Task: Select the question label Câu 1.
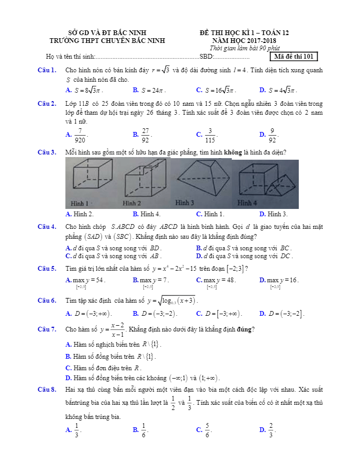[47, 70]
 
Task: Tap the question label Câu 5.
[47, 269]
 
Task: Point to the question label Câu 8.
[47, 390]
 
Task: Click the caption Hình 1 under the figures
[80, 203]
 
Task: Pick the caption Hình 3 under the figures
[184, 202]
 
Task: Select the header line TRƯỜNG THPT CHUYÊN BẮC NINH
[107, 40]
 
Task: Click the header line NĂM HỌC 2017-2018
[244, 40]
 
